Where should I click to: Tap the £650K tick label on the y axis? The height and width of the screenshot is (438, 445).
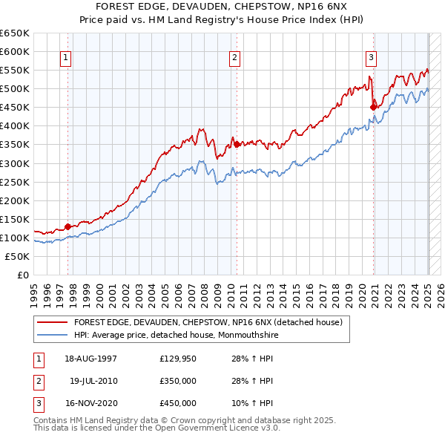[x=15, y=33]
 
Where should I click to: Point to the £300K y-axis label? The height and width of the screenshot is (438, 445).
[x=15, y=163]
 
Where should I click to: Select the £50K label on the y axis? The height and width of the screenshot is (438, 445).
[x=18, y=256]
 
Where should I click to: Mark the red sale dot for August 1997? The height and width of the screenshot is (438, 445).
[x=67, y=226]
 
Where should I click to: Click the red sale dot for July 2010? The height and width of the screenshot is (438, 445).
[x=237, y=145]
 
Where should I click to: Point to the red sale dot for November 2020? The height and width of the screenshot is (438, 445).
[x=373, y=107]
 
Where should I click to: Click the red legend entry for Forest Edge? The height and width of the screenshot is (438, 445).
[x=208, y=323]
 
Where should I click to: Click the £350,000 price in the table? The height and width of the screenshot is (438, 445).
[x=178, y=382]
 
